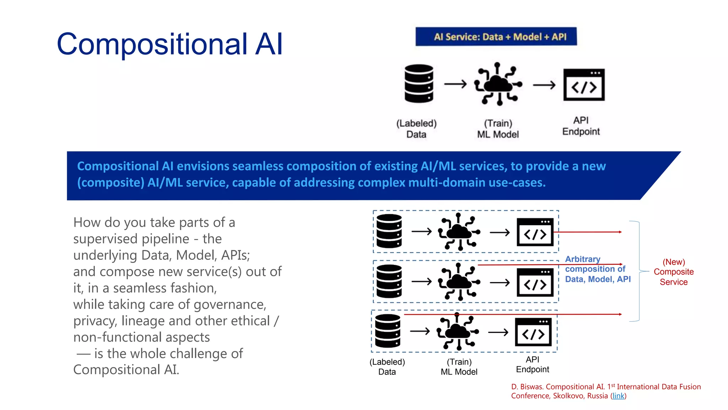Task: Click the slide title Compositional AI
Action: (x=170, y=44)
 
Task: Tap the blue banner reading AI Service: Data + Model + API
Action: (x=496, y=37)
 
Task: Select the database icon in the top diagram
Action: (x=419, y=84)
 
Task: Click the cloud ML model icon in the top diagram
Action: (x=498, y=84)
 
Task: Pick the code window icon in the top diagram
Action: (x=584, y=85)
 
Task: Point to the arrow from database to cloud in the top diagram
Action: (x=455, y=84)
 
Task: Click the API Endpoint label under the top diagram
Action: (x=581, y=126)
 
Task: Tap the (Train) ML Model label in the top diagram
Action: (x=498, y=129)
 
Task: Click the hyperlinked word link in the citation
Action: (x=618, y=396)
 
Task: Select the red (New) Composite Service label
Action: (x=674, y=272)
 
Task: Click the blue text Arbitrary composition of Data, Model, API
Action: (x=598, y=269)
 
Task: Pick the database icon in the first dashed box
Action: (x=389, y=231)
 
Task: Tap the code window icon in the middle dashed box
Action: (x=535, y=282)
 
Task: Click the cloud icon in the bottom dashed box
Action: (x=458, y=331)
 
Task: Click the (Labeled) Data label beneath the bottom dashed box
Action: (x=387, y=367)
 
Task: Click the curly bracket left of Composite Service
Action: (x=639, y=271)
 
